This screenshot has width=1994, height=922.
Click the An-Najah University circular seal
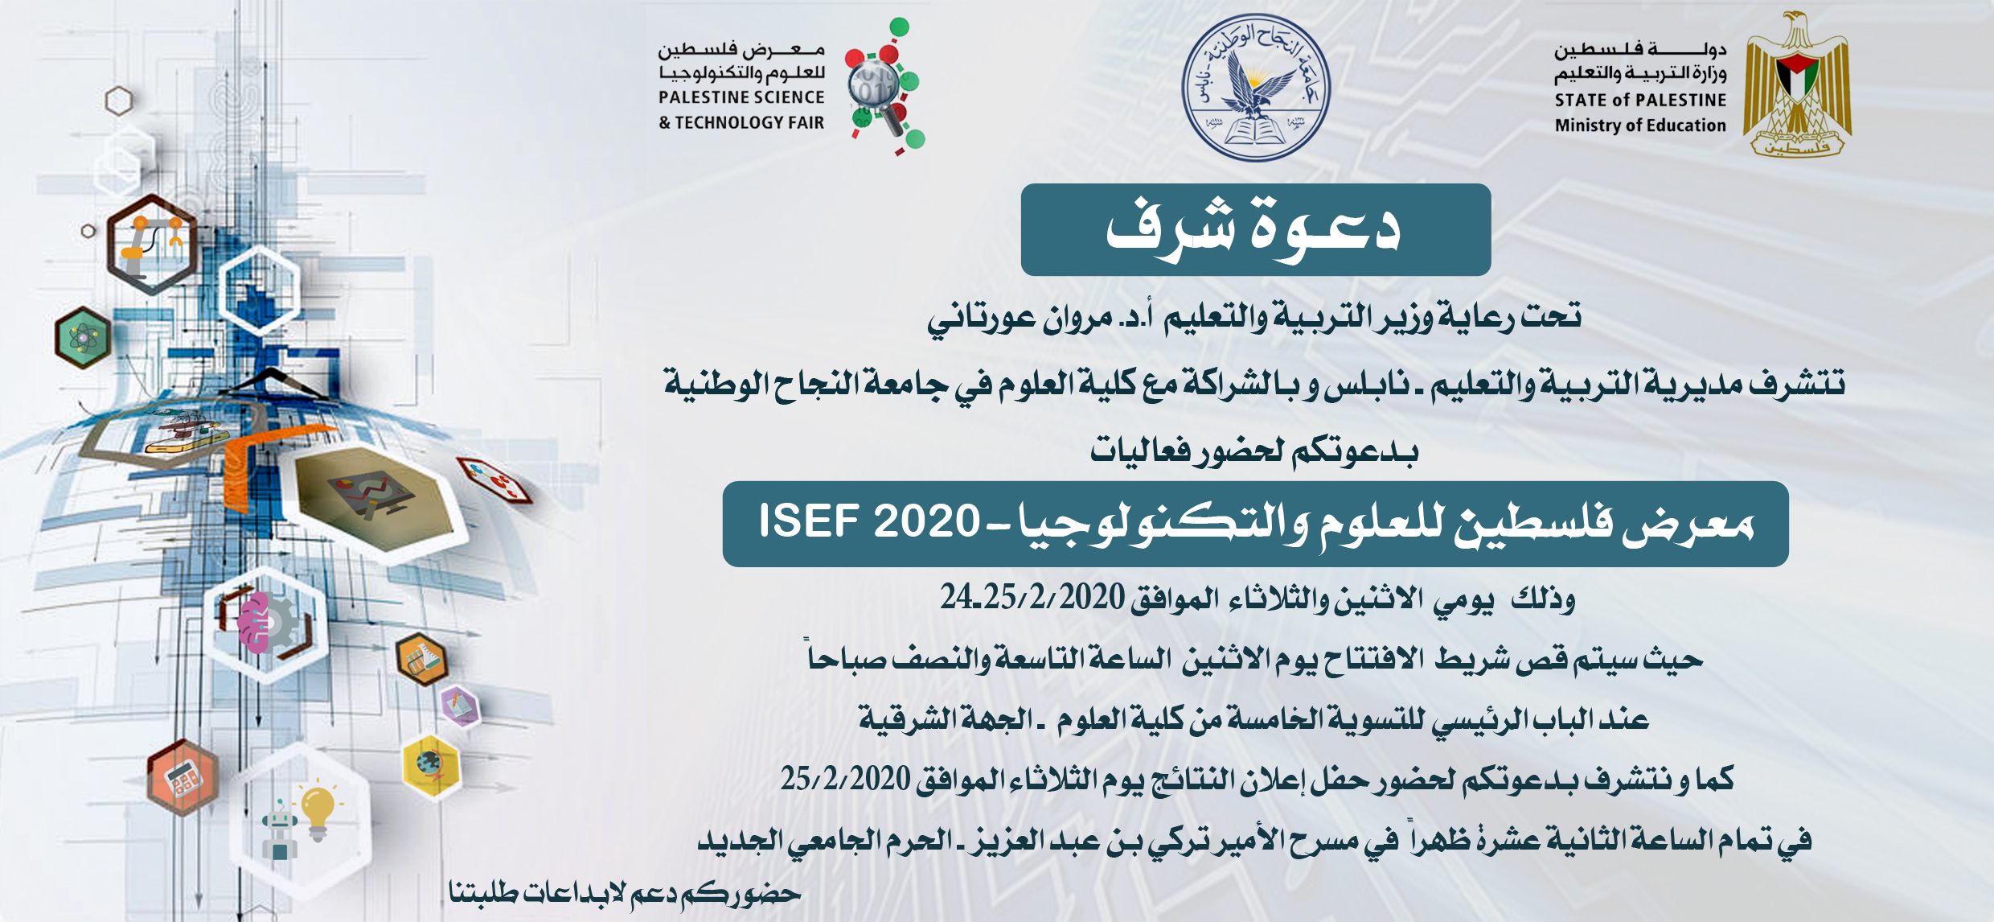click(1255, 88)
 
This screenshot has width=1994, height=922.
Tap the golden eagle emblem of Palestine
click(1798, 84)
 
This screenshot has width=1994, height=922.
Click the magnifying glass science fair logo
click(884, 86)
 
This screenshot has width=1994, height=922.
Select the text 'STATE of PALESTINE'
click(1640, 101)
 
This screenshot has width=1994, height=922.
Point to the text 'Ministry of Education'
click(1640, 126)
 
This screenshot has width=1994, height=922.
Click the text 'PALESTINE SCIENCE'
click(741, 97)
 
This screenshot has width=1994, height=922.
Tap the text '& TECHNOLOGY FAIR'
click(741, 123)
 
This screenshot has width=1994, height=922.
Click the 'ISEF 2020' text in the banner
click(869, 521)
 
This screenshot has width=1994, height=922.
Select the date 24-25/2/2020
click(1032, 598)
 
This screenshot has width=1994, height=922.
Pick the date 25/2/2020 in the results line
click(846, 779)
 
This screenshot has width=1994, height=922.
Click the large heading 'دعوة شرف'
click(1254, 230)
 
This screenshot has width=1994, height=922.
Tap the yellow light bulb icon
click(318, 811)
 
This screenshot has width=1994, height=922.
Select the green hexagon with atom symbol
click(84, 337)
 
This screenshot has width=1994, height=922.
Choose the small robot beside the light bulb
click(279, 829)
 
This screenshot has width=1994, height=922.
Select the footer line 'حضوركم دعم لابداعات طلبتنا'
click(625, 893)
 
